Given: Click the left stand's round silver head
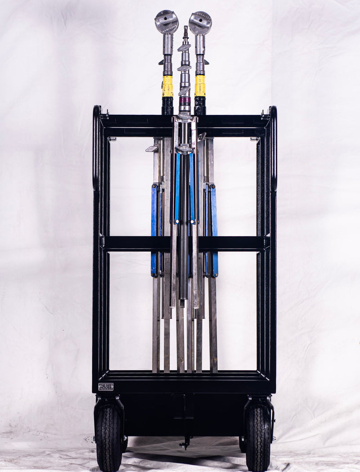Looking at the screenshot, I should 166,21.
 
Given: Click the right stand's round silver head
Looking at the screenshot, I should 200,22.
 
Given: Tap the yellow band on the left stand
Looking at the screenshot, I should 167,86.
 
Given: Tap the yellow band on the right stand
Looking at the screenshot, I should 200,85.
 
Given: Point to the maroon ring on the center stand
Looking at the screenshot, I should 184,100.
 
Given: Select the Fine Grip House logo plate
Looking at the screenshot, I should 106,386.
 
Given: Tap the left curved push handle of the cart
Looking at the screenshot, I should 96,148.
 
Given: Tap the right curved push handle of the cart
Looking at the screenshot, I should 273,148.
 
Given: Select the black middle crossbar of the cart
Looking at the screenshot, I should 135,243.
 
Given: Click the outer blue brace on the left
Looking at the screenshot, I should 154,229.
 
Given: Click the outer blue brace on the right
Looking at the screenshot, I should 214,229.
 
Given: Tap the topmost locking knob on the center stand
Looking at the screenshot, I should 184,47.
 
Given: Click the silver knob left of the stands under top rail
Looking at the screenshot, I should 152,148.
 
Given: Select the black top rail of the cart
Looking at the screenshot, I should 135,121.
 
